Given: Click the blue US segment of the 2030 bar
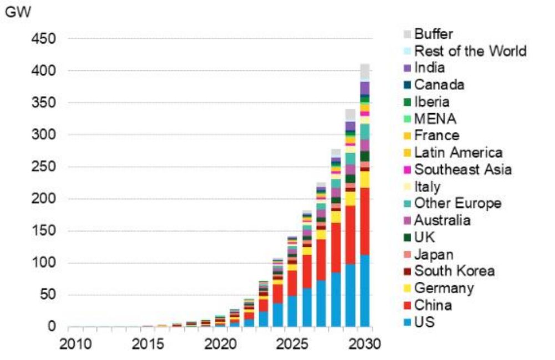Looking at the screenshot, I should (365, 291).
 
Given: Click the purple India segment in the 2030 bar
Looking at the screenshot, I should (365, 88).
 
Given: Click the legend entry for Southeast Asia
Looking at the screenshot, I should (463, 170).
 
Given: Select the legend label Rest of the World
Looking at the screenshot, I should (470, 51).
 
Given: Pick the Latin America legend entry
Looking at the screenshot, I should (458, 153).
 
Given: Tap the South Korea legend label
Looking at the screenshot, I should (454, 271).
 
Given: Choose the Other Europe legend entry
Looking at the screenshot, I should (457, 204).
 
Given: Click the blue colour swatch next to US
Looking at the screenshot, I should (407, 322).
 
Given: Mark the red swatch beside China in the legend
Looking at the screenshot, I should (407, 306).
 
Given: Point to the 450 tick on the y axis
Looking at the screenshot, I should (44, 39).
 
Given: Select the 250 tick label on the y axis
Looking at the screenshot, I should (44, 167).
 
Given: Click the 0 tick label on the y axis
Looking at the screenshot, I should (52, 327).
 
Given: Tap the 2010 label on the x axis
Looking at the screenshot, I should (74, 344).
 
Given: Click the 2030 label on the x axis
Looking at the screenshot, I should (365, 344).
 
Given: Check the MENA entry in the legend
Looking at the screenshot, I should (436, 119).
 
